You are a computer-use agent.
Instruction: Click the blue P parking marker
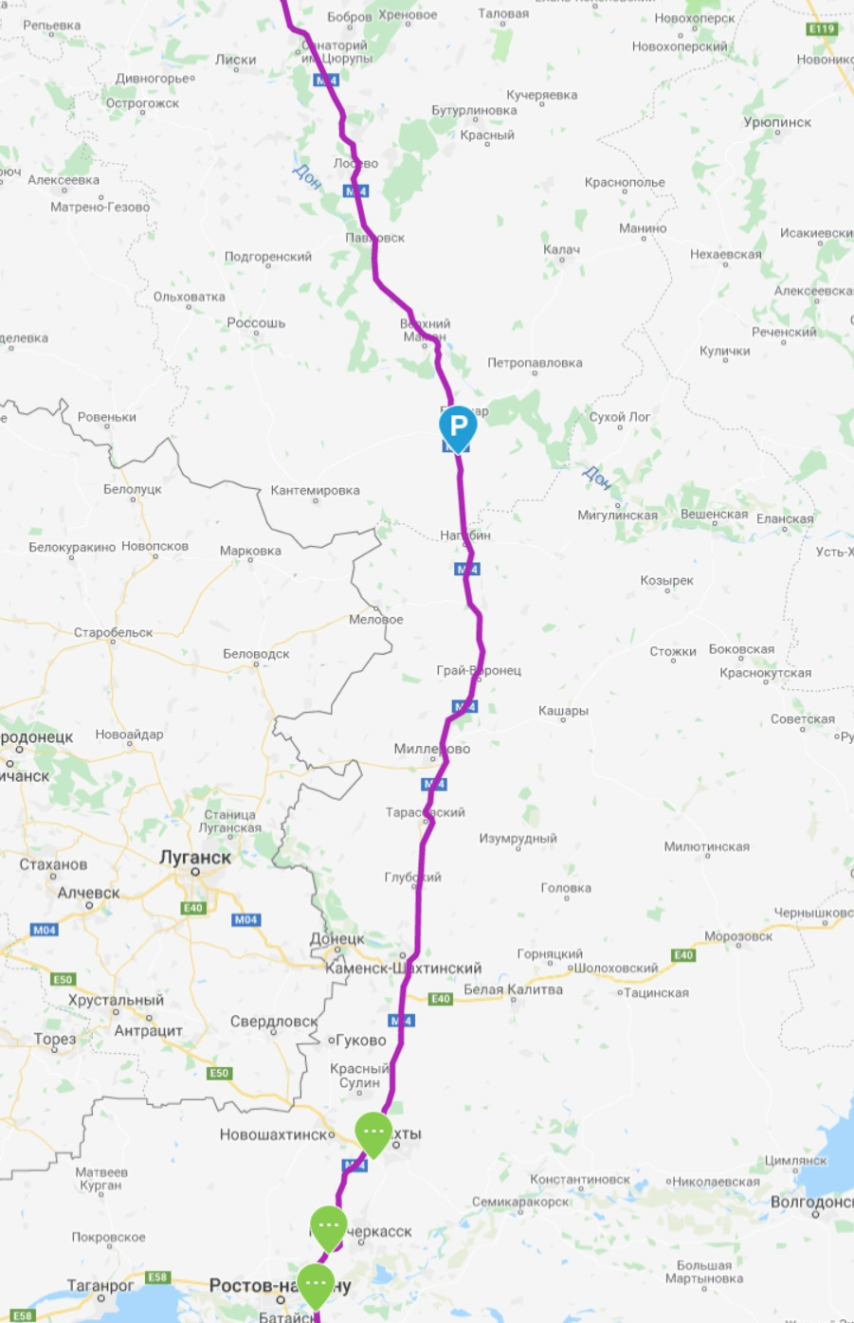(x=458, y=426)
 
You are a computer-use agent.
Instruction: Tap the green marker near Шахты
(x=373, y=1133)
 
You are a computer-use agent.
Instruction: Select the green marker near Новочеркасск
(x=329, y=1226)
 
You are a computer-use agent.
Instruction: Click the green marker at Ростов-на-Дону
(x=316, y=1283)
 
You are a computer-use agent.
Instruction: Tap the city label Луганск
(x=195, y=857)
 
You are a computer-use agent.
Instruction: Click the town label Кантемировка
(x=315, y=490)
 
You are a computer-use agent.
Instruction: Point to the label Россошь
(x=256, y=322)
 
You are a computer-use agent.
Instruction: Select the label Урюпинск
(x=777, y=122)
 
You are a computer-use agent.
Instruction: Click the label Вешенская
(x=714, y=514)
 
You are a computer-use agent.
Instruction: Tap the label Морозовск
(x=737, y=935)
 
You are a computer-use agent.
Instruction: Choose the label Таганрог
(x=100, y=1285)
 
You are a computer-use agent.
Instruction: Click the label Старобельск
(x=113, y=632)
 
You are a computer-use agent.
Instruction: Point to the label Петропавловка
(x=535, y=363)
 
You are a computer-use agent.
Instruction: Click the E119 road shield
(x=822, y=28)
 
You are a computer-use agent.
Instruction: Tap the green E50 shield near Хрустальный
(x=63, y=979)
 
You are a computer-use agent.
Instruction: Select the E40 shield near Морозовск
(x=683, y=954)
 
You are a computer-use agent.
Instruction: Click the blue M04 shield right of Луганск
(x=245, y=919)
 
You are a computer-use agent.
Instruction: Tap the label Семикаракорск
(x=520, y=1202)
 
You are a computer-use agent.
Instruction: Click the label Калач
(x=561, y=249)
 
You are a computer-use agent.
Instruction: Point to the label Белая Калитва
(x=513, y=989)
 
